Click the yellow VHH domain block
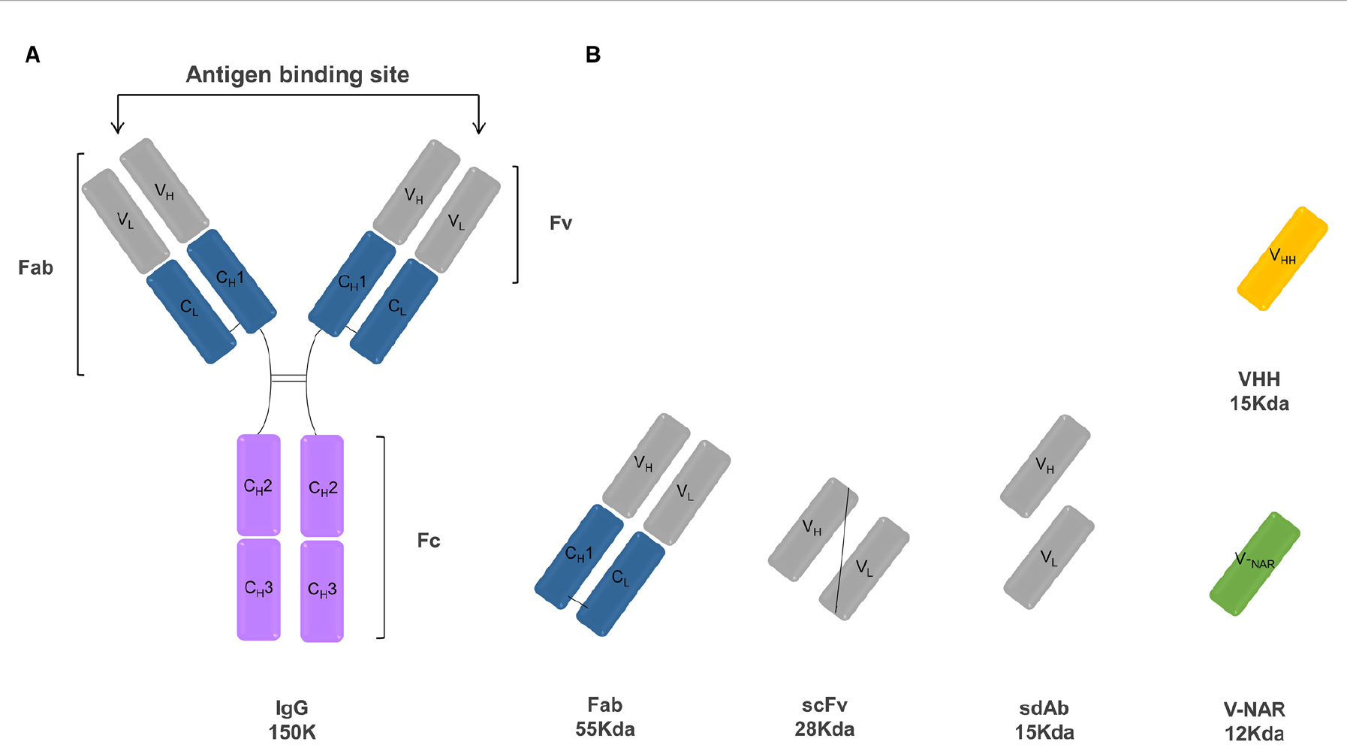1282,258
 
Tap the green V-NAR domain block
1255,564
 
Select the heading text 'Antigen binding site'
297,74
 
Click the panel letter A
32,55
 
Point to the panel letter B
593,55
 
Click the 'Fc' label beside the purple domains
429,541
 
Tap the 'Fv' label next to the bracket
561,223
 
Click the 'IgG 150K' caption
292,720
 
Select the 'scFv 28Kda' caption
824,717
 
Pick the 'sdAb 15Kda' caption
1044,720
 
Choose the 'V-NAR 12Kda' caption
1254,721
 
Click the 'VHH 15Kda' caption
1259,391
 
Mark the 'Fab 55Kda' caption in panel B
605,717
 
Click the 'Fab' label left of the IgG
35,268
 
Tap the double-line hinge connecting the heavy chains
289,378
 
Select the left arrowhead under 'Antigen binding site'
117,127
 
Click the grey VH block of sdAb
1045,466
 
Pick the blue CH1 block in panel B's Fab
579,556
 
